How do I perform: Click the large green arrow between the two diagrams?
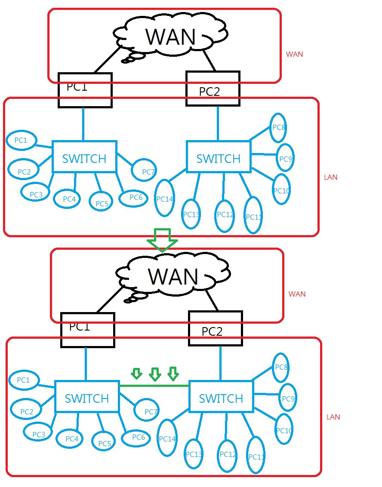(x=162, y=240)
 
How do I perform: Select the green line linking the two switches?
(x=154, y=386)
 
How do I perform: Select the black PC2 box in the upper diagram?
(x=213, y=89)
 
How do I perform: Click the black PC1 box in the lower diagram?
(x=87, y=330)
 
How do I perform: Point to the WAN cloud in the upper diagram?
(x=171, y=37)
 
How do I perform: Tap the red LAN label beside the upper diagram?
(x=330, y=177)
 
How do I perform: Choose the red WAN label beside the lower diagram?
(x=297, y=294)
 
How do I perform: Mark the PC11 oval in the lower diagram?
(x=256, y=455)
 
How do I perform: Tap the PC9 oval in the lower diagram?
(x=287, y=398)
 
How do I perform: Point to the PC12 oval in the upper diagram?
(x=225, y=215)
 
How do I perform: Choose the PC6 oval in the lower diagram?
(x=138, y=437)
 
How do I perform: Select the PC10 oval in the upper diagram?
(x=281, y=189)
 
